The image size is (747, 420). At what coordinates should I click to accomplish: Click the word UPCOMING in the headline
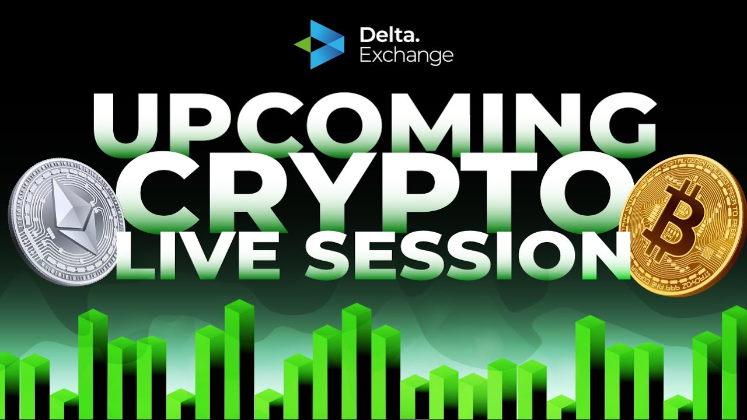coord(373,124)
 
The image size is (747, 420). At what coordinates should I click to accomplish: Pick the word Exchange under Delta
coord(406,55)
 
